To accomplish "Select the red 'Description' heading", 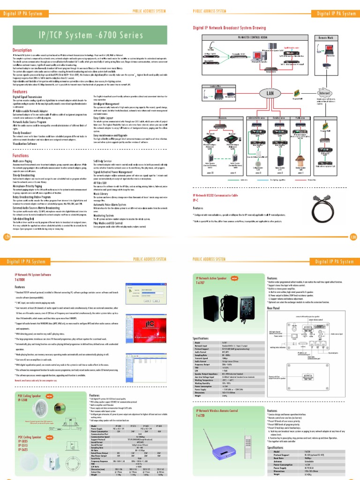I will pyautogui.click(x=22, y=50).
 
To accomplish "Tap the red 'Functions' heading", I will pyautogui.click(x=21, y=155).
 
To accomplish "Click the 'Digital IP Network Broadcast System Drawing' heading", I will pyautogui.click(x=229, y=28).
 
